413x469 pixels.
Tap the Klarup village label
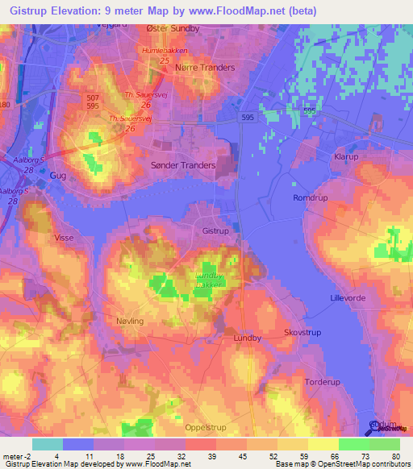coord(345,157)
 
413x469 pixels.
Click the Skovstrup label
coord(302,332)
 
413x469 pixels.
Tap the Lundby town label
coord(247,338)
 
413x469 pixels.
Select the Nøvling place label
coord(130,321)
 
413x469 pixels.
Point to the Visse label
coord(64,238)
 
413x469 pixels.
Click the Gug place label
coord(56,174)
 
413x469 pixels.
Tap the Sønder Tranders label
coord(184,165)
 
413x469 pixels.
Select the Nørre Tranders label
coord(205,68)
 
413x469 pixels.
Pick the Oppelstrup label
coord(205,428)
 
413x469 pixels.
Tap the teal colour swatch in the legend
coord(48,444)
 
